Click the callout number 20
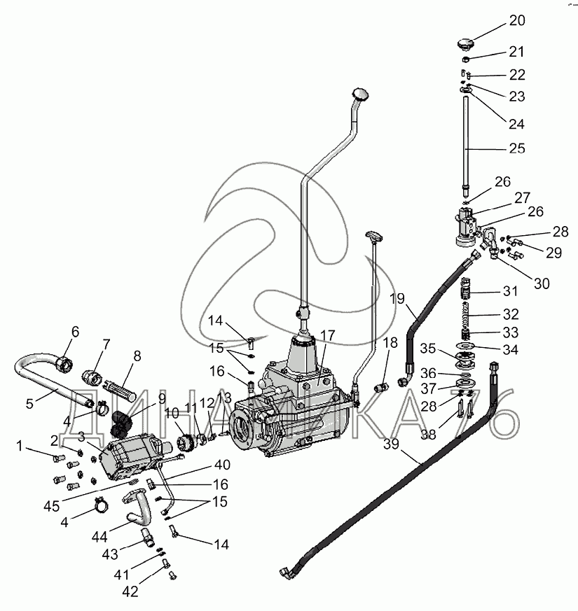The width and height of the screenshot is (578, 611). click(517, 20)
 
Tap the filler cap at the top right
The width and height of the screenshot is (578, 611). click(465, 44)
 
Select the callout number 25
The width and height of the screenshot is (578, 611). click(517, 148)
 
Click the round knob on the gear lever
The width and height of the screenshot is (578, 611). click(360, 94)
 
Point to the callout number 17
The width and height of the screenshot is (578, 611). click(327, 335)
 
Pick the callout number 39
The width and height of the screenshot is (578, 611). click(391, 444)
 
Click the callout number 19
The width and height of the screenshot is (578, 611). click(397, 299)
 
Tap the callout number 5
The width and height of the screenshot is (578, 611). click(29, 403)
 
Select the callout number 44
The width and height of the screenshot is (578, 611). click(99, 537)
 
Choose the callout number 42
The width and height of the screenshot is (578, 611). click(130, 591)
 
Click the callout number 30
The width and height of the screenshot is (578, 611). click(542, 283)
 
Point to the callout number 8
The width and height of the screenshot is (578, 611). click(137, 356)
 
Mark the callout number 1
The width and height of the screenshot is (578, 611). click(20, 446)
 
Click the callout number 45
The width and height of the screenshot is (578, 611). click(51, 506)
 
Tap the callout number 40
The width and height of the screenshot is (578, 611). click(222, 465)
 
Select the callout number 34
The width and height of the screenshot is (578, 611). click(510, 349)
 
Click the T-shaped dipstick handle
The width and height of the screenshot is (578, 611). click(374, 235)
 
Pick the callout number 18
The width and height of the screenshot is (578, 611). click(390, 342)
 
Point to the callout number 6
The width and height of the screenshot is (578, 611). click(75, 332)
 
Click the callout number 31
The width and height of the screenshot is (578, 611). click(510, 291)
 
